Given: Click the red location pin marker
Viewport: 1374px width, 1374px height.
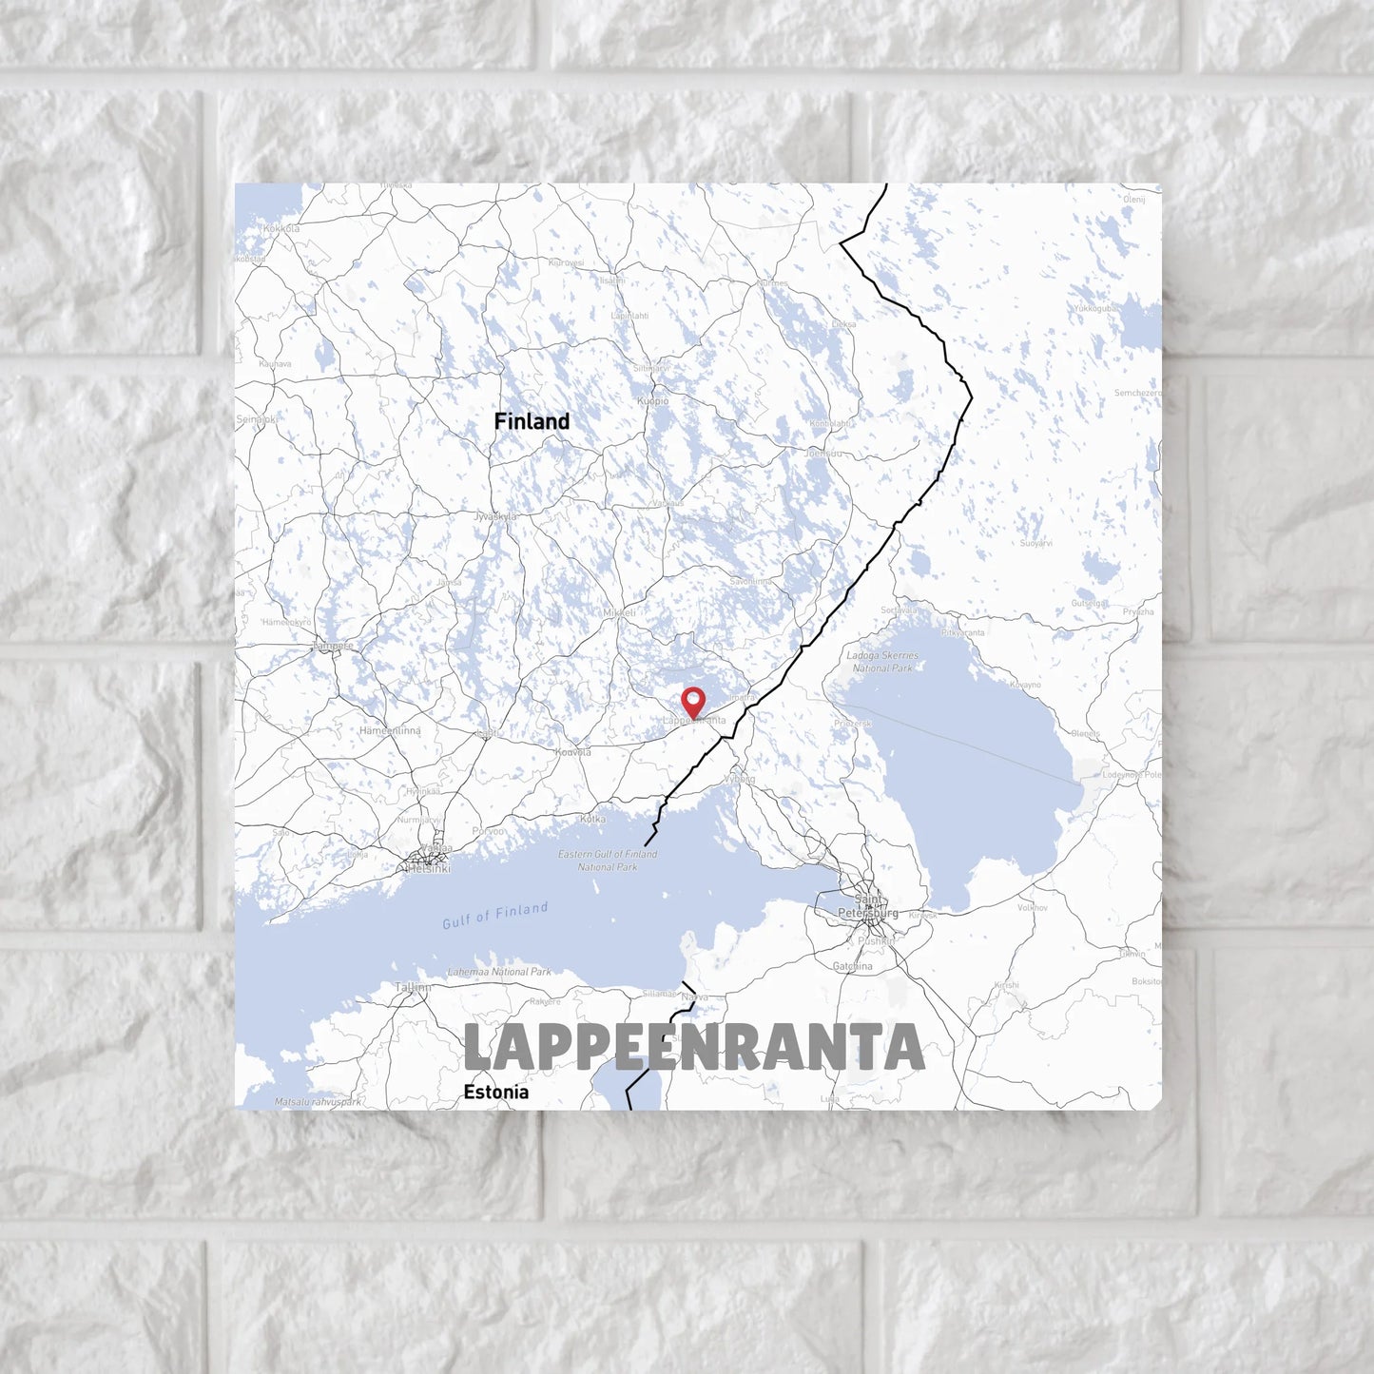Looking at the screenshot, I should pyautogui.click(x=694, y=702).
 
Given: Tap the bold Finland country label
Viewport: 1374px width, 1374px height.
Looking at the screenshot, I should pyautogui.click(x=532, y=421).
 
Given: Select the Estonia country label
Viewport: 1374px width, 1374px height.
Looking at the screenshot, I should pyautogui.click(x=495, y=1092).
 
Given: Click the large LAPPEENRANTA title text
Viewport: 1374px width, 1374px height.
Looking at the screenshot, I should pyautogui.click(x=693, y=1048).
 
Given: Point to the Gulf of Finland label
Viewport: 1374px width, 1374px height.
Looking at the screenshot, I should pyautogui.click(x=494, y=915).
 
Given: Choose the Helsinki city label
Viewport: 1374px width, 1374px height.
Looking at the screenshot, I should pyautogui.click(x=429, y=867).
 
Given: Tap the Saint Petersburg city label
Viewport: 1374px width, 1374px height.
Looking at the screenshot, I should pyautogui.click(x=867, y=906).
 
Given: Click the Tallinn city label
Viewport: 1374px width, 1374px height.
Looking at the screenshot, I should pyautogui.click(x=413, y=987).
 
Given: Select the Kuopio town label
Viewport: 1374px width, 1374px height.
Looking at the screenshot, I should pyautogui.click(x=653, y=401).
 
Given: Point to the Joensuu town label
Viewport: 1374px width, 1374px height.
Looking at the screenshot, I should pyautogui.click(x=823, y=454).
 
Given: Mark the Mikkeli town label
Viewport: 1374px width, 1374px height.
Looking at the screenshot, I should pyautogui.click(x=619, y=613).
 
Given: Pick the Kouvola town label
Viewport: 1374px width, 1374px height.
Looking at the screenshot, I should pyautogui.click(x=572, y=752).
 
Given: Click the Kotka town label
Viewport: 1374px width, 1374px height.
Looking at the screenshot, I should pyautogui.click(x=592, y=819).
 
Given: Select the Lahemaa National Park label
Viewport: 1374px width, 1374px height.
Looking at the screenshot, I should pyautogui.click(x=499, y=972).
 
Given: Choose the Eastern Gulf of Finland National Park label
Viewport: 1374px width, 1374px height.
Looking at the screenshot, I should pyautogui.click(x=608, y=861).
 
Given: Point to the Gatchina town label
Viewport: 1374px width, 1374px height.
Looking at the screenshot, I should pyautogui.click(x=852, y=966).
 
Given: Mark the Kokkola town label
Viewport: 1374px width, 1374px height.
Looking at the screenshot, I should pyautogui.click(x=281, y=228).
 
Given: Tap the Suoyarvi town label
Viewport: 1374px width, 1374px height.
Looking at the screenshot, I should pyautogui.click(x=1036, y=543).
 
